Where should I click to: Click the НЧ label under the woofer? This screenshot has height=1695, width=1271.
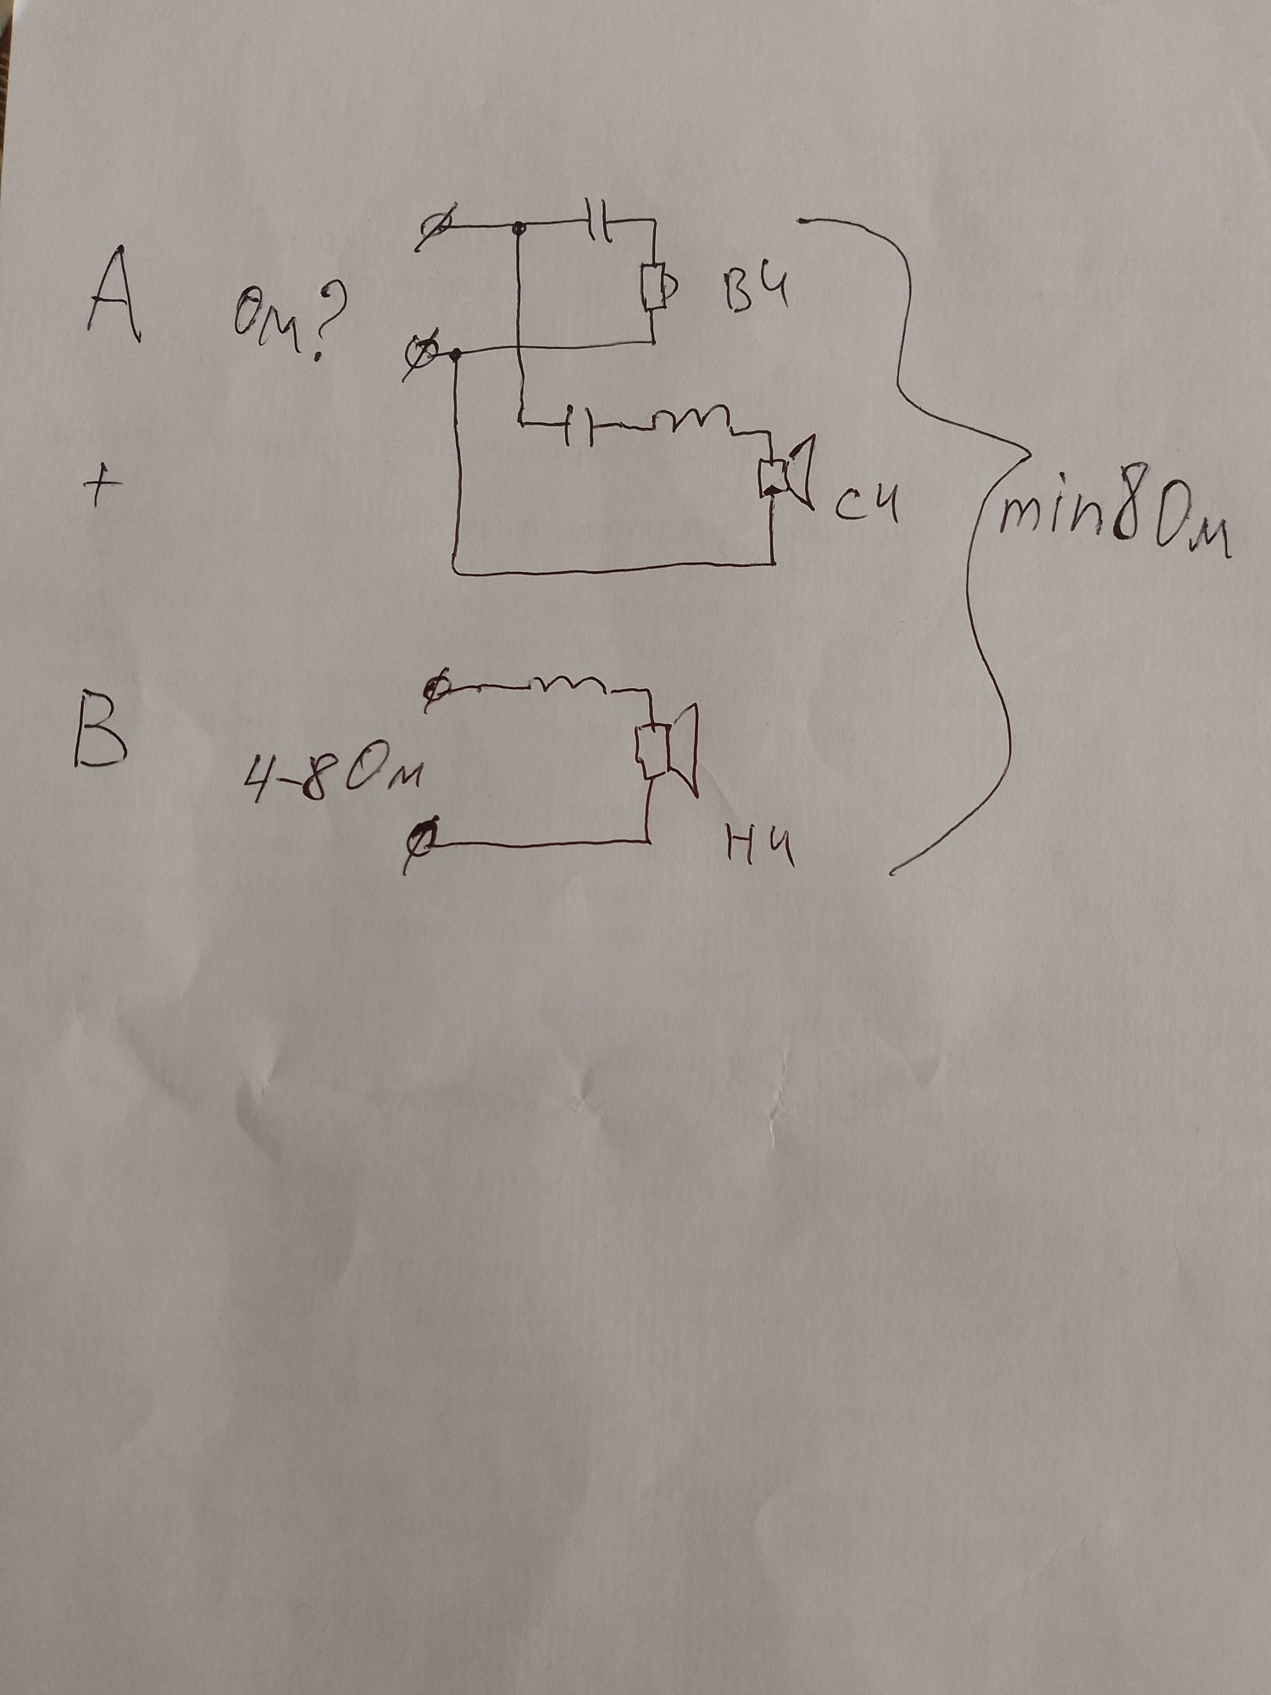pos(761,847)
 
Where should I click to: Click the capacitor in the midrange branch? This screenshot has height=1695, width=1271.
pos(580,425)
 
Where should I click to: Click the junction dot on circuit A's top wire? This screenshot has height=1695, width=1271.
pos(519,227)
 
